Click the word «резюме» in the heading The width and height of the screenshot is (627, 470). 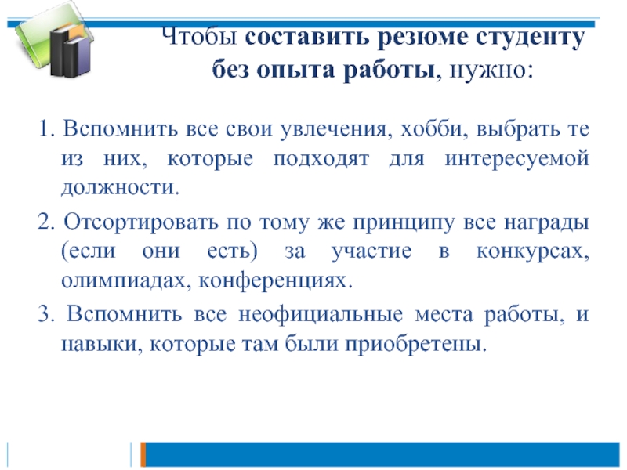click(423, 38)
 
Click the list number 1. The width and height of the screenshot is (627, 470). click(46, 128)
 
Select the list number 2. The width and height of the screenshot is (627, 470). click(46, 221)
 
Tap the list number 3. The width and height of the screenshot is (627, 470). click(46, 313)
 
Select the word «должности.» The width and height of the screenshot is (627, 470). click(121, 188)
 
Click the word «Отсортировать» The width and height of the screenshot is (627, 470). click(141, 222)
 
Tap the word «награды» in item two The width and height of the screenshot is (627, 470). click(546, 222)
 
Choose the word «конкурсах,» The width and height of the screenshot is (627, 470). click(533, 251)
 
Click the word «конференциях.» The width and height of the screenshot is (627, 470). click(276, 281)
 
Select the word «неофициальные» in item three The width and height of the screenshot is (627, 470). click(321, 314)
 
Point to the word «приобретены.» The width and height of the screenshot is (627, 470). click(416, 344)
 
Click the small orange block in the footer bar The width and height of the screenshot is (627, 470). click(143, 454)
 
